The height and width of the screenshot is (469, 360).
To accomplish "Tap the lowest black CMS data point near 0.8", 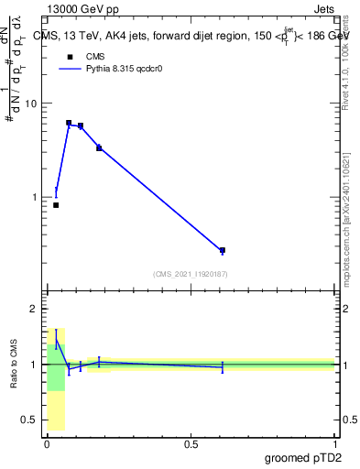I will (56, 205).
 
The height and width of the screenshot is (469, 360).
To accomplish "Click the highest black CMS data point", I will (69, 123).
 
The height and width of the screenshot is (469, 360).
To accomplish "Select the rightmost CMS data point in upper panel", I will (223, 250).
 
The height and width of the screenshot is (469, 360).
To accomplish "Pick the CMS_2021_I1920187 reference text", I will (190, 273).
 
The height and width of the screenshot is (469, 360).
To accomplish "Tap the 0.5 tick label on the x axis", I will (191, 443).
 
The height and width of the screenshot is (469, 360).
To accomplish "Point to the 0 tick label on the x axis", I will (47, 443).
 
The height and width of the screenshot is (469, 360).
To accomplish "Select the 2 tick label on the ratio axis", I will (33, 309).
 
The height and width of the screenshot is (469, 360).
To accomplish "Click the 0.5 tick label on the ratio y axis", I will (28, 420).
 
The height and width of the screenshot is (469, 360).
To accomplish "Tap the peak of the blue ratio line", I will (56, 339).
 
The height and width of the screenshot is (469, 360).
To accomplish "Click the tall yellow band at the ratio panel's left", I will (56, 412).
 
